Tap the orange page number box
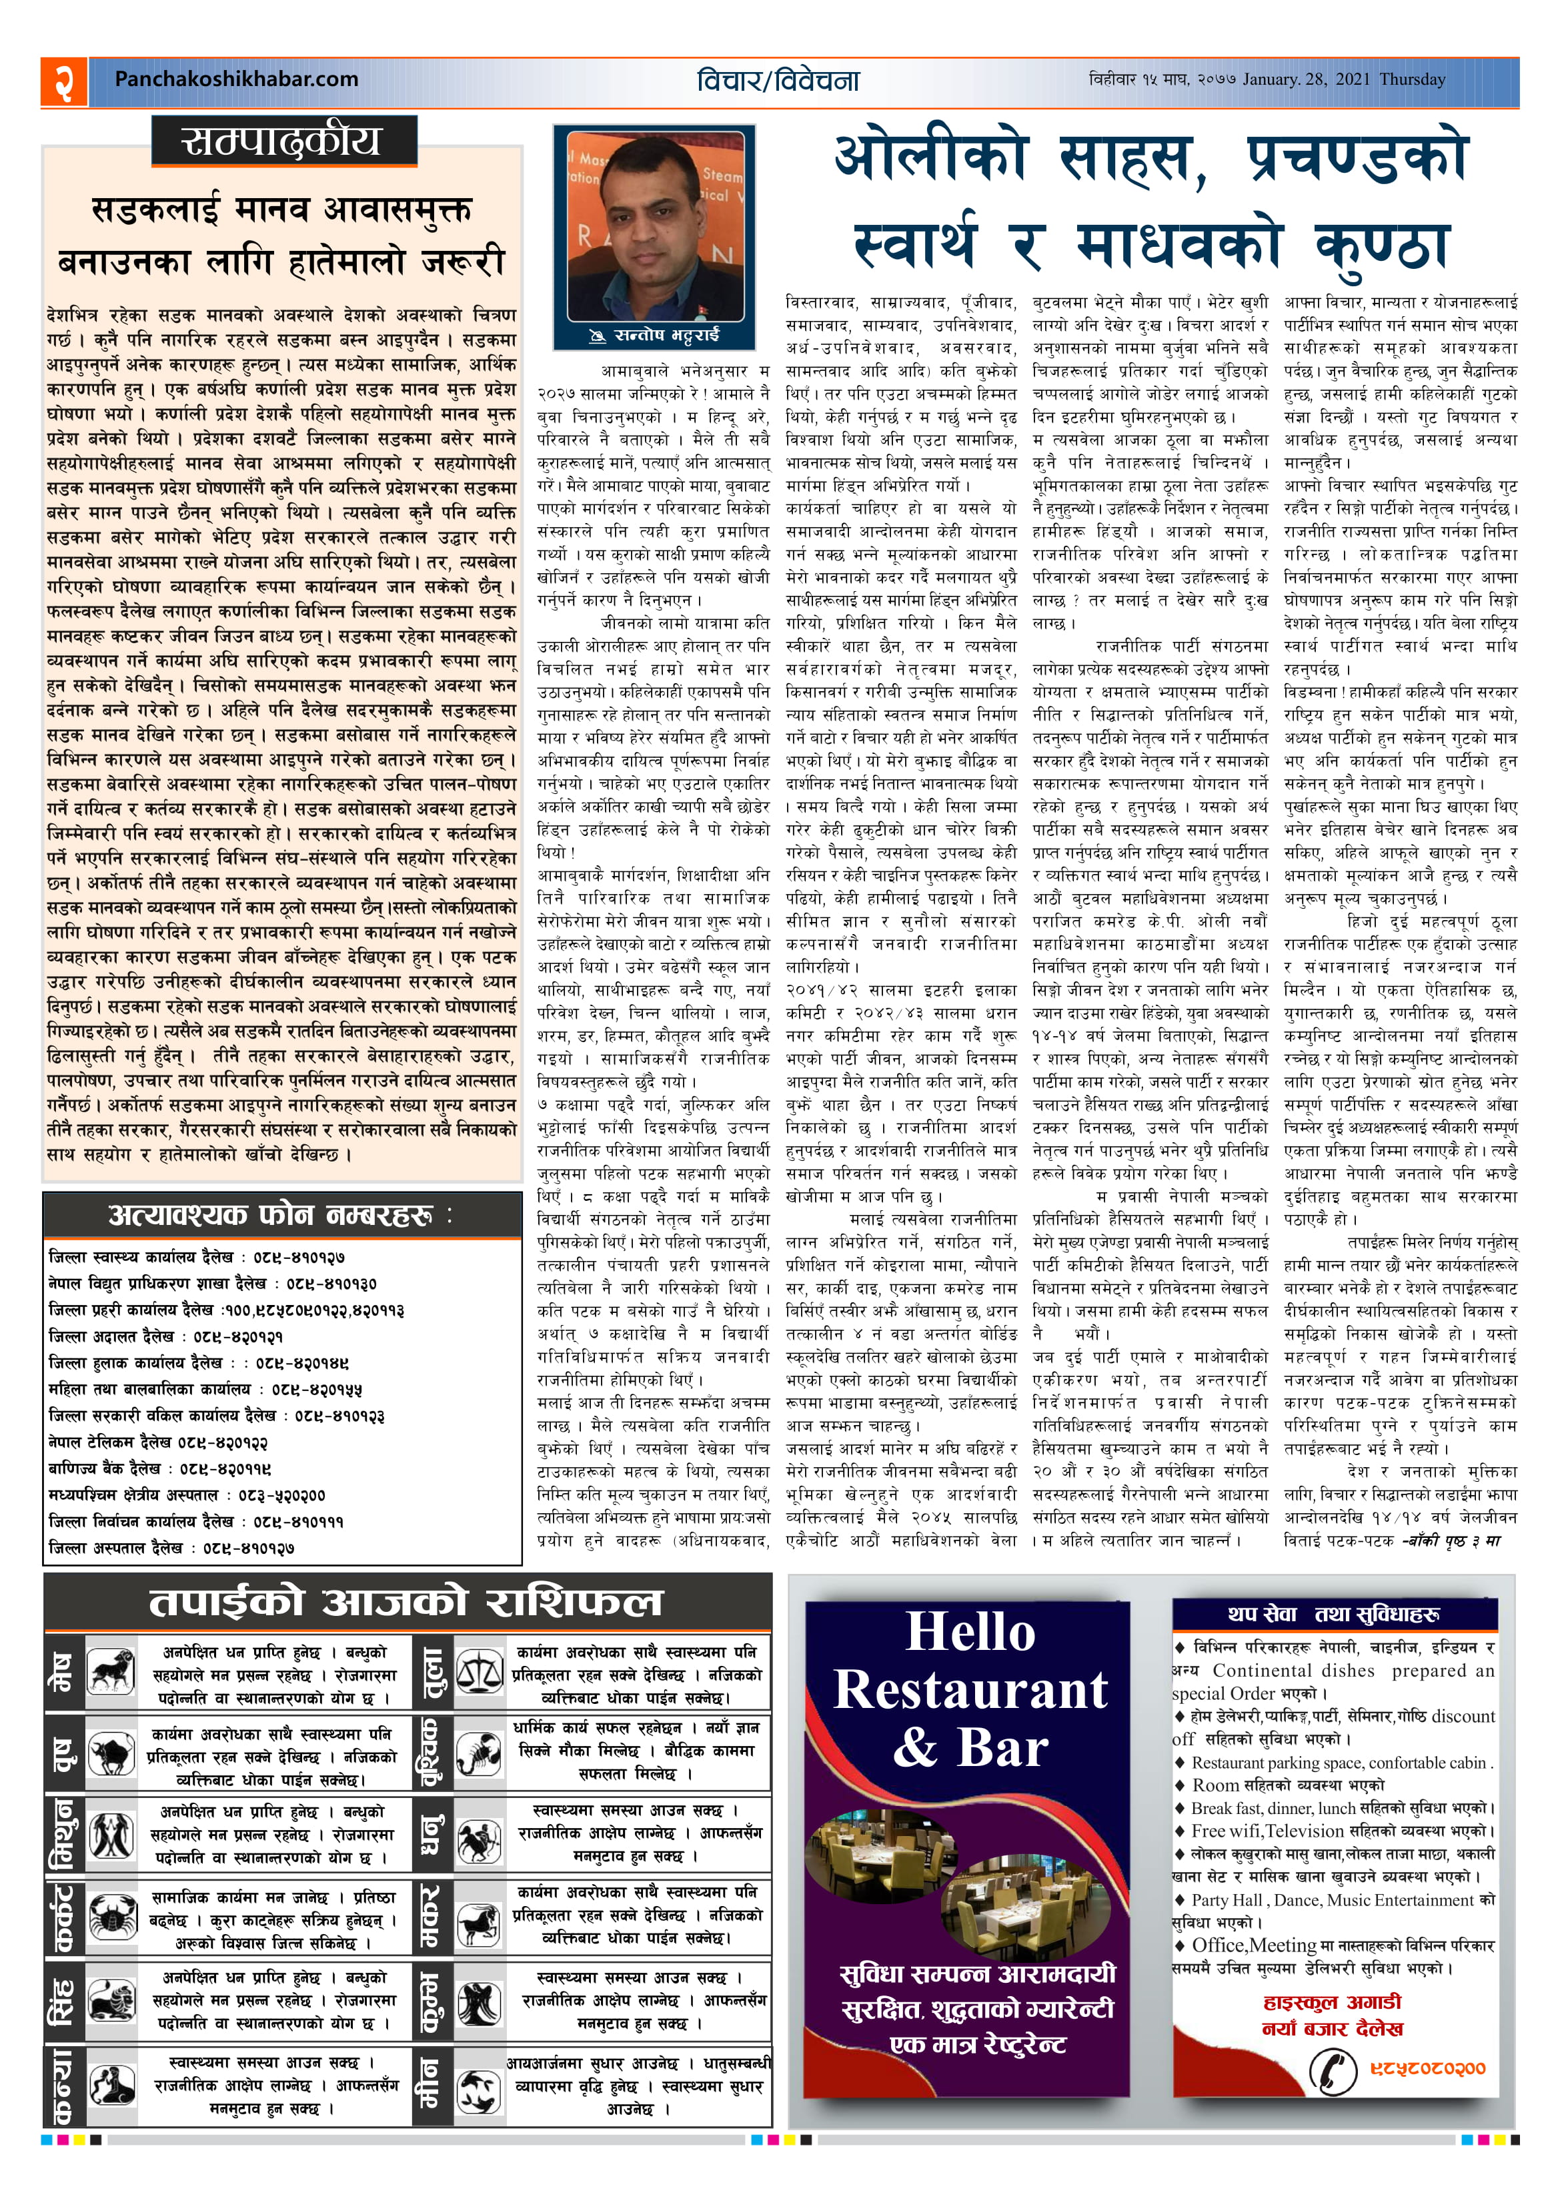(63, 81)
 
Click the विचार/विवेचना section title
(778, 81)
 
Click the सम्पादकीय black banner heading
(283, 141)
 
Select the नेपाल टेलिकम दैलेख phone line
(159, 1442)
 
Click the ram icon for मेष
(111, 1673)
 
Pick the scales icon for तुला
(479, 1673)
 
